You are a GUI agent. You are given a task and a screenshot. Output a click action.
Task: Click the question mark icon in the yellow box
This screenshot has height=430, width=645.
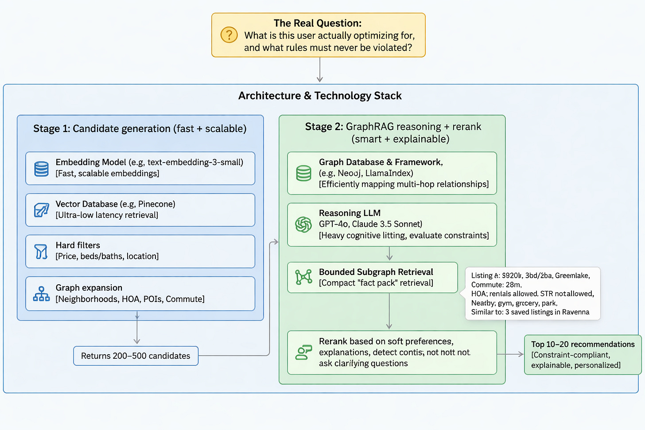pyautogui.click(x=229, y=35)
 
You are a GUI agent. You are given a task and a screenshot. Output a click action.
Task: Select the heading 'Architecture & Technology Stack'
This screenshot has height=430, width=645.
pyautogui.click(x=320, y=96)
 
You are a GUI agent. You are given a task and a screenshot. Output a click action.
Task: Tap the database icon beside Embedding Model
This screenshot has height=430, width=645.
pyautogui.click(x=42, y=169)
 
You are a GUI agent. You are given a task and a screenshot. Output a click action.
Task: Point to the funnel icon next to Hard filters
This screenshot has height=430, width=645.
pyautogui.click(x=41, y=252)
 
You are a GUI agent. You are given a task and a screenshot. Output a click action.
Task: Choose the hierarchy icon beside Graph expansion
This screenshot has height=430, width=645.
pyautogui.click(x=42, y=294)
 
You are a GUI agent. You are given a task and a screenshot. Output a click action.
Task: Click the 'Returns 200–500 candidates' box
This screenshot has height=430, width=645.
pyautogui.click(x=136, y=356)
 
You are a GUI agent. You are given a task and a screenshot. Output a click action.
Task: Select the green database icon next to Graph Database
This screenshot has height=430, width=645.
pyautogui.click(x=303, y=173)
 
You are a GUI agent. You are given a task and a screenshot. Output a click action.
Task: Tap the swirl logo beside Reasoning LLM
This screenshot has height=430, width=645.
pyautogui.click(x=303, y=225)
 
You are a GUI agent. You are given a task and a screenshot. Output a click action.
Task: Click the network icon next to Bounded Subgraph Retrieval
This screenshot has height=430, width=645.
pyautogui.click(x=304, y=277)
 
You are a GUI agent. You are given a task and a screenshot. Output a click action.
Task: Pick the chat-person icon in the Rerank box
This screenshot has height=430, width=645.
pyautogui.click(x=303, y=353)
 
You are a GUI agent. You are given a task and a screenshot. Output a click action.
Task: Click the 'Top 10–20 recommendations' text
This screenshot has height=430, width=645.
pyautogui.click(x=583, y=345)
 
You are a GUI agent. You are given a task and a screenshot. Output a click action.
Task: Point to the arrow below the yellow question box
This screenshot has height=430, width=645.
pyautogui.click(x=319, y=71)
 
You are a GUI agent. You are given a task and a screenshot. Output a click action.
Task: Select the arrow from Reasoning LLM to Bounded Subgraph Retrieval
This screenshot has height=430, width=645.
pyautogui.click(x=389, y=254)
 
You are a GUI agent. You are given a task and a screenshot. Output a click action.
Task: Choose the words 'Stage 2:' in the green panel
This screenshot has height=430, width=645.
pyautogui.click(x=324, y=127)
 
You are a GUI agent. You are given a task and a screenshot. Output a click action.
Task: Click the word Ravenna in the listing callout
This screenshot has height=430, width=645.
pyautogui.click(x=575, y=312)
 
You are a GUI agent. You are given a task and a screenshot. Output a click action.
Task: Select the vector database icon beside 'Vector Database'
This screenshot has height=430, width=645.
pyautogui.click(x=42, y=210)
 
